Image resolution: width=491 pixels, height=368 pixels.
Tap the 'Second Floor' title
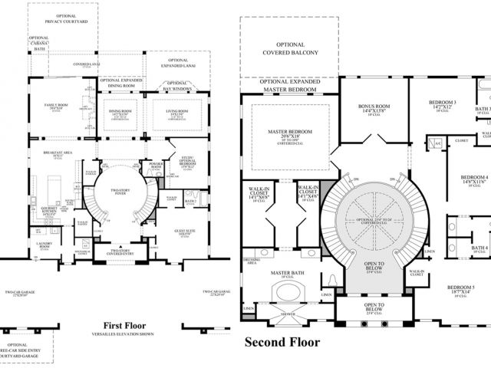[282, 341]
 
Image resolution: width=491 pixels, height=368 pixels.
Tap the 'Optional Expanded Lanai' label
[178, 64]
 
